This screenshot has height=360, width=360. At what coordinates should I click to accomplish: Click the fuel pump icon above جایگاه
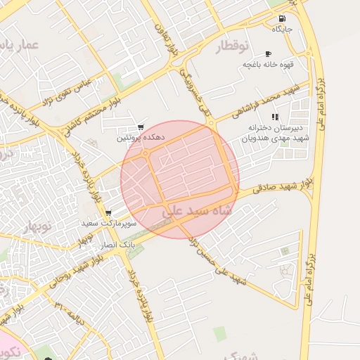coord(282,19)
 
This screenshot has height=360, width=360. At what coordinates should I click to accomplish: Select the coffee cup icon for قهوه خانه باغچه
coord(267,54)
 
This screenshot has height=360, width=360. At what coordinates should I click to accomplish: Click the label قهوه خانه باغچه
coord(267,65)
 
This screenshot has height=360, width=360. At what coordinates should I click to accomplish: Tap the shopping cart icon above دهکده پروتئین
coord(141,127)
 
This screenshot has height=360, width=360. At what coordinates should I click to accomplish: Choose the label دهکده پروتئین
coord(141,139)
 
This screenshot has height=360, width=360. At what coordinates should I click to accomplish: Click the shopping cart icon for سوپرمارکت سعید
coord(108,213)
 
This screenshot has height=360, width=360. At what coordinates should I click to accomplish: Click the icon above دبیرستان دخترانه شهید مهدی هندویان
coord(274,117)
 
